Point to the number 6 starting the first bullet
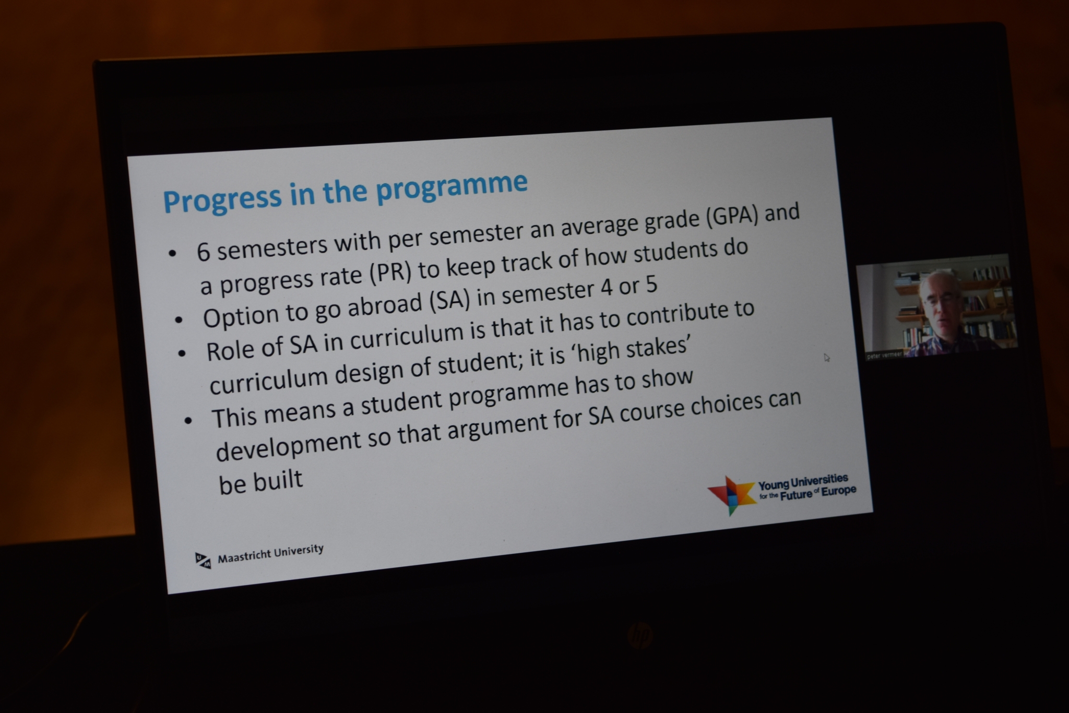(x=203, y=252)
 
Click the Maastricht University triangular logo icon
(x=203, y=560)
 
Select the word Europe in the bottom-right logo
(x=839, y=491)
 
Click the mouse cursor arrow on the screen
(x=827, y=358)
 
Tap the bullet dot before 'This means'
(x=188, y=420)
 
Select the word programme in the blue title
(x=452, y=186)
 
